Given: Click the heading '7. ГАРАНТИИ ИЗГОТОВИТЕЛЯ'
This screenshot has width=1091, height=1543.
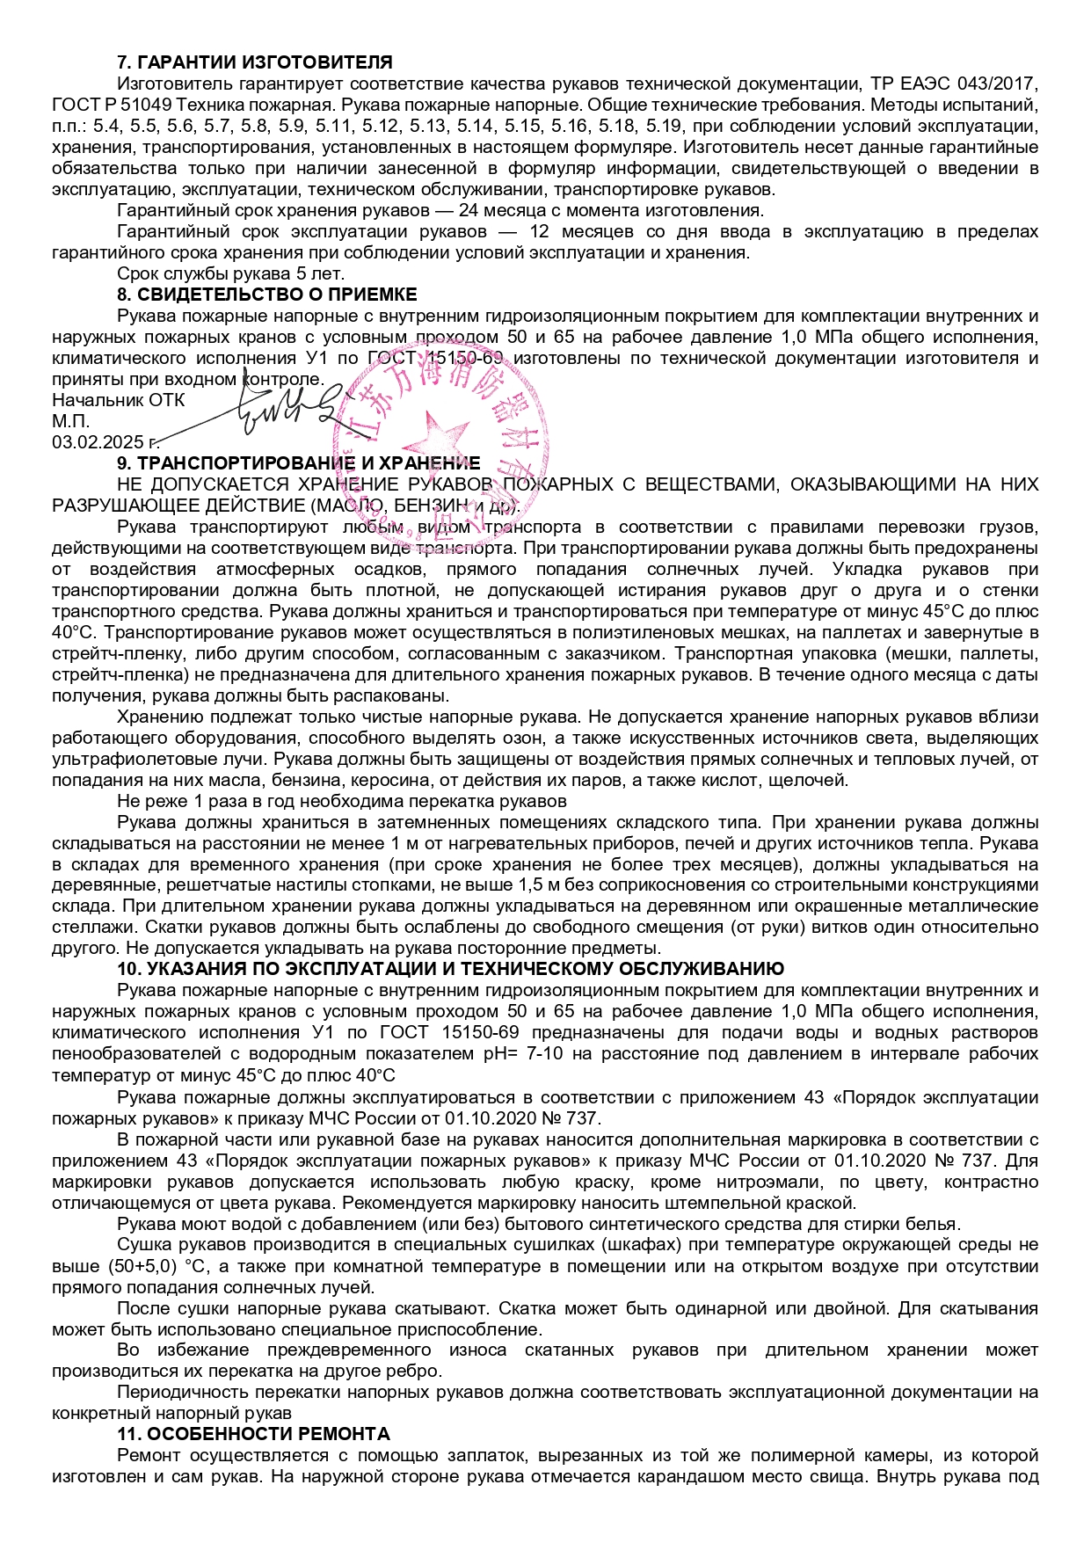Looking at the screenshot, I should pos(255,62).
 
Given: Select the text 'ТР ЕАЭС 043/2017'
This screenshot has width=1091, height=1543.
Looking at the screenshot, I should pos(955,84).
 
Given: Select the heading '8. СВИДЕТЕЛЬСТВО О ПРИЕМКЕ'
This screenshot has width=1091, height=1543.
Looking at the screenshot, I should pos(267,295).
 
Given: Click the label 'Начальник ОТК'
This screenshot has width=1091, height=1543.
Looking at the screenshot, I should pos(119,400).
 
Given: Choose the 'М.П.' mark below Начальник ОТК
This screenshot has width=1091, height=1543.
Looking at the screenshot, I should pos(70,421).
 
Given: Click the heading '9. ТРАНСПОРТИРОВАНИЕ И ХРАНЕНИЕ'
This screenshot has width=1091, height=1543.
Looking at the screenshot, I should pos(299,463).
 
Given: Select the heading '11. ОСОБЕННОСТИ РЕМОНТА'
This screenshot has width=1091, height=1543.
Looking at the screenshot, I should pos(253,1434).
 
